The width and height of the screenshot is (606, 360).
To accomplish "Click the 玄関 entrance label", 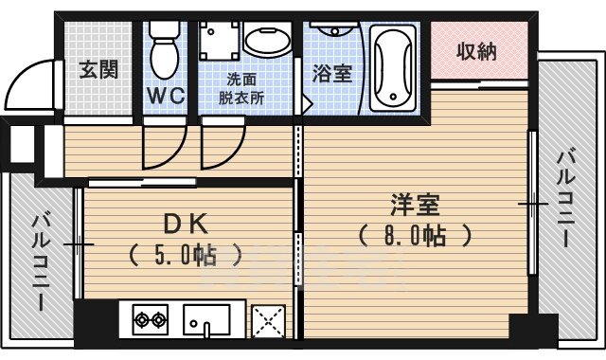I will coord(98,69).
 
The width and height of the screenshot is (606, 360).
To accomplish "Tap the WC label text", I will coord(165,96).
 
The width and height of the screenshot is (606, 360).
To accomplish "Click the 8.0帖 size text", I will coord(415,234).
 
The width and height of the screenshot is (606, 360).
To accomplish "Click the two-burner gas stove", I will coord(148,320).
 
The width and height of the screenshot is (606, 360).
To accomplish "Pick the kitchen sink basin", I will coord(207,320).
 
